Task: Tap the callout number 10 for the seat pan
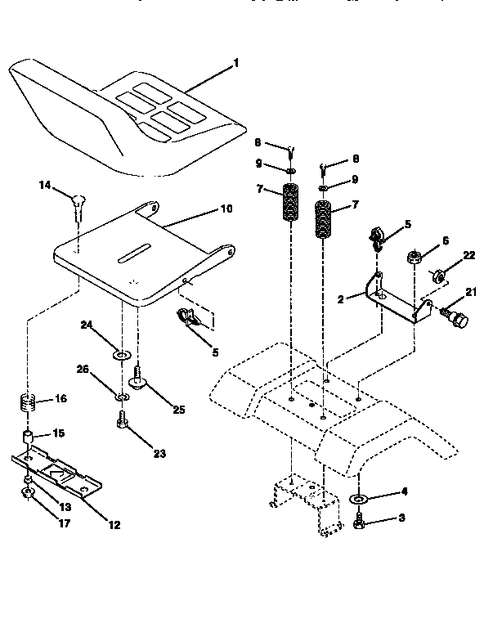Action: coord(226,209)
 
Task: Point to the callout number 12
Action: coord(114,526)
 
